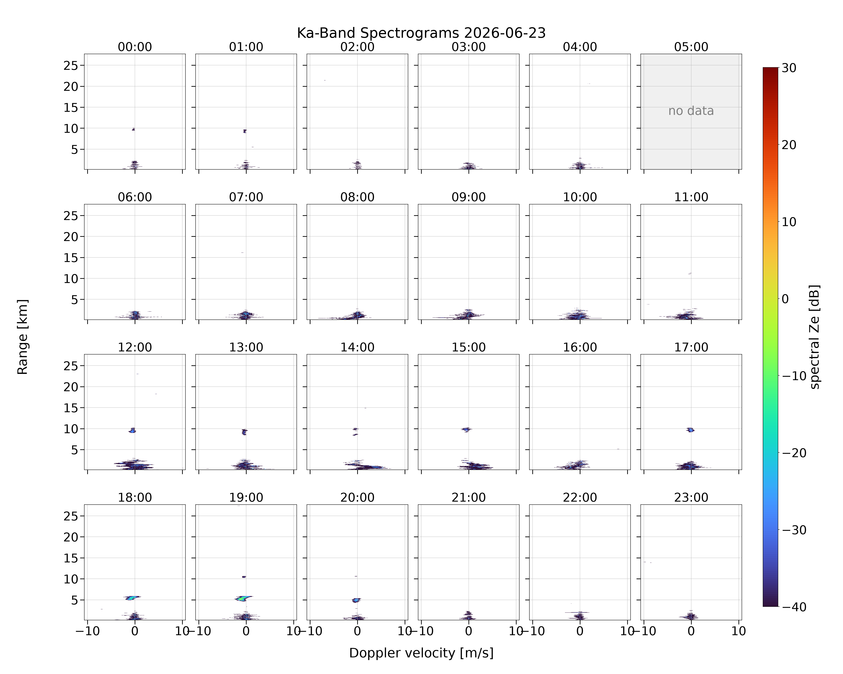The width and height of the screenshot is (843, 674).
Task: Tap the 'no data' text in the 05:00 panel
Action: (691, 111)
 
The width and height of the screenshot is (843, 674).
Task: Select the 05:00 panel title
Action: (691, 47)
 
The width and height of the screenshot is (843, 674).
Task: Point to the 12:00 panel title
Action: (135, 347)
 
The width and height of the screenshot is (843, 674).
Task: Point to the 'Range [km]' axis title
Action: (23, 337)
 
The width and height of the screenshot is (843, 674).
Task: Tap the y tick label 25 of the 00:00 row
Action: (71, 66)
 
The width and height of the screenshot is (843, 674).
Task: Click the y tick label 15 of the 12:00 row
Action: (71, 408)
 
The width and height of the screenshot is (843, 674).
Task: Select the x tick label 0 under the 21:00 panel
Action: (468, 631)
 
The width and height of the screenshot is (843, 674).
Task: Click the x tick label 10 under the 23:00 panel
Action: (739, 631)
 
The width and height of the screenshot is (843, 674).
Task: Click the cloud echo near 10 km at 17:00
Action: (691, 430)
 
